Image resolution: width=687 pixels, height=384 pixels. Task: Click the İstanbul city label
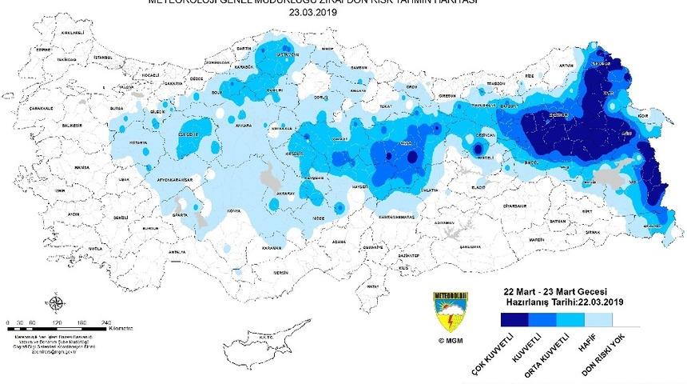click(x=101, y=58)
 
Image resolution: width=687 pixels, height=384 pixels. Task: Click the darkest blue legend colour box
click(x=518, y=319)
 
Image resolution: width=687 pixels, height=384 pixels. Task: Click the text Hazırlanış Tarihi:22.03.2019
click(x=564, y=302)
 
